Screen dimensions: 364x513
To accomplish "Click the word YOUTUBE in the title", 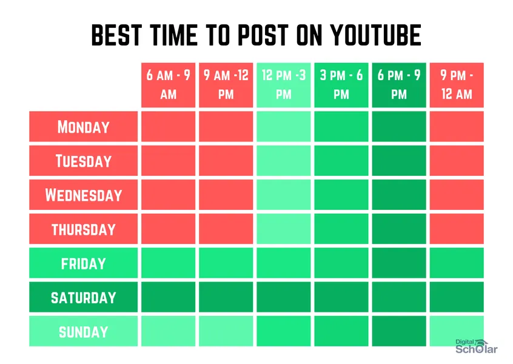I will click(x=375, y=36).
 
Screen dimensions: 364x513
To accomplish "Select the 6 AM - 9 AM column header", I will click(x=168, y=85).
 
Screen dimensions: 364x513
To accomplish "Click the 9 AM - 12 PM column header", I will click(x=226, y=85).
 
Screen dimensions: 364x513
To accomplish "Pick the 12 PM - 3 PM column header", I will click(x=283, y=85).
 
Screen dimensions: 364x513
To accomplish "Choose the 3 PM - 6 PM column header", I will click(x=341, y=85).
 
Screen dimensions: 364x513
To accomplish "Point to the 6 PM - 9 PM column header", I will click(x=398, y=85).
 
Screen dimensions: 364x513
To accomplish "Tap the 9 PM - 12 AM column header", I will click(x=456, y=85).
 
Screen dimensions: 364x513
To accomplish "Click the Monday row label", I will click(x=84, y=127).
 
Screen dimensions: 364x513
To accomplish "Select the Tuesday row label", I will click(x=84, y=161).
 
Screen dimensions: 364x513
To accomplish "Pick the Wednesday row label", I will click(x=84, y=195).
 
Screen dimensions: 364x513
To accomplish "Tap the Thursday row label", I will click(x=84, y=229).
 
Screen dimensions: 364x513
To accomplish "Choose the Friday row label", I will click(x=84, y=263).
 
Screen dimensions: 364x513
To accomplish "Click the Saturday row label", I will click(x=84, y=297).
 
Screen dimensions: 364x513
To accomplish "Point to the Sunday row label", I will click(x=84, y=332).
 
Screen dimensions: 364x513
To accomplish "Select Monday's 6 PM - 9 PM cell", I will click(x=398, y=127).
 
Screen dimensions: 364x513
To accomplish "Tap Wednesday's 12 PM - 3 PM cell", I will click(x=283, y=195).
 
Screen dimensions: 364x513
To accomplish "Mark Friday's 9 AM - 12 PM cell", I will click(x=226, y=263).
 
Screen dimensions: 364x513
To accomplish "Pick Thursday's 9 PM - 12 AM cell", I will click(x=456, y=229).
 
